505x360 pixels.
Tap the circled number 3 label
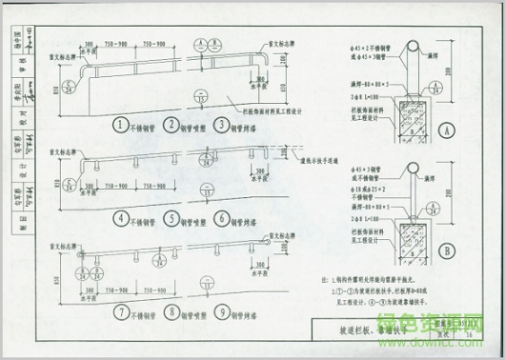[x=221, y=125]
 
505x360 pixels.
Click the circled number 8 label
[x=171, y=310]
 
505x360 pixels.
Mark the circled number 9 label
[x=221, y=310]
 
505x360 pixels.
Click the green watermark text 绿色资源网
[x=449, y=325]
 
